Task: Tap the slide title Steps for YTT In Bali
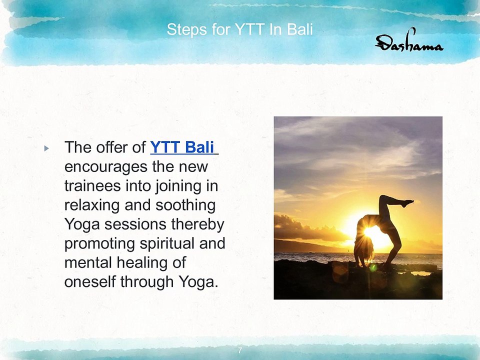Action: [239, 29]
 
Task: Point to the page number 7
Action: [239, 350]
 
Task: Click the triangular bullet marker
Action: [46, 149]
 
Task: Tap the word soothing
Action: [185, 205]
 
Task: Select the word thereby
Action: [198, 224]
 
